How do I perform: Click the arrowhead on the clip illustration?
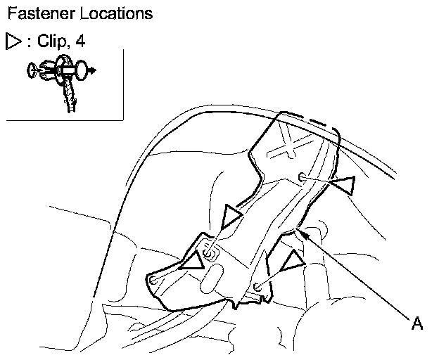coord(94,70)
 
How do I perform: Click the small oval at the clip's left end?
coord(31,70)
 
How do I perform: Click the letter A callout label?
coord(416,323)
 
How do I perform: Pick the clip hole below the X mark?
coord(302,176)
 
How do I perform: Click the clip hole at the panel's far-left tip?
coord(153,280)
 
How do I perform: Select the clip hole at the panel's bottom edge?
coord(259,287)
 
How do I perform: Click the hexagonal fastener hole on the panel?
coord(208,252)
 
